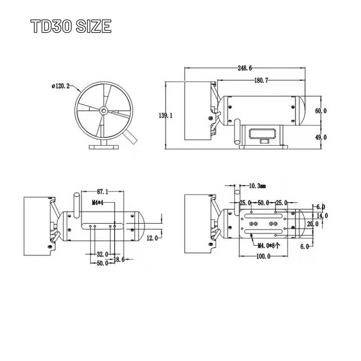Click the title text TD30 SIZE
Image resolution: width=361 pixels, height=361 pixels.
[x=71, y=27]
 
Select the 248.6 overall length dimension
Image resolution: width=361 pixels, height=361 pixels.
[x=244, y=68]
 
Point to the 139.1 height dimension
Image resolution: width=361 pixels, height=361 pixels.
[x=166, y=116]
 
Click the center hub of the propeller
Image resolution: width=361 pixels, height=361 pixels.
[x=104, y=110]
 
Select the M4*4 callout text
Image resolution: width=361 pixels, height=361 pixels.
[x=98, y=203]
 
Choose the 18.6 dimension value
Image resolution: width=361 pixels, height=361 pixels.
[x=120, y=259]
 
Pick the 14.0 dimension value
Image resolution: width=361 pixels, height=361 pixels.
[x=323, y=215]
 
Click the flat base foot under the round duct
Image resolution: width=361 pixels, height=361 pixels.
[x=104, y=146]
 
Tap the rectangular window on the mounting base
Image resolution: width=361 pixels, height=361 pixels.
[x=263, y=134]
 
